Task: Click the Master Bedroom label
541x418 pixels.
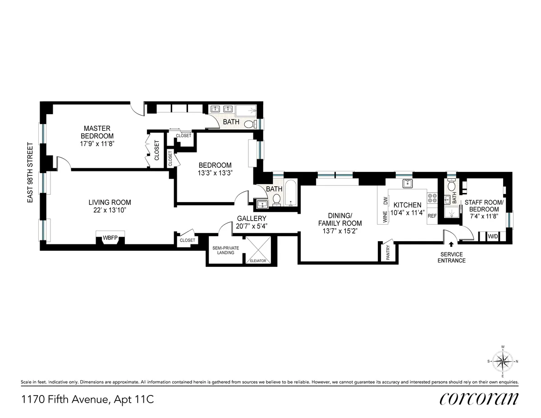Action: pos(97,132)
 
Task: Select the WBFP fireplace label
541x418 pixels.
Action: pos(110,237)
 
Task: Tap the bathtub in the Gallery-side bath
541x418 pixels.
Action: pos(291,194)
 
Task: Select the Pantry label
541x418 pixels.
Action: pos(388,253)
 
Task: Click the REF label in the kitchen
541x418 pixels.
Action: pos(432,216)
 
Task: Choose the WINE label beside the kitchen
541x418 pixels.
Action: pos(385,218)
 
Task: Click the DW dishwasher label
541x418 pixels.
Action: pos(385,201)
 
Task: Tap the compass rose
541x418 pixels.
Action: pos(502,361)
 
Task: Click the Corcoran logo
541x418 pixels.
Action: pos(479,399)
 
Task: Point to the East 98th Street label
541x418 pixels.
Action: pos(31,173)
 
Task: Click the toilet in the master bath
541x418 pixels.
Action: pos(249,124)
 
